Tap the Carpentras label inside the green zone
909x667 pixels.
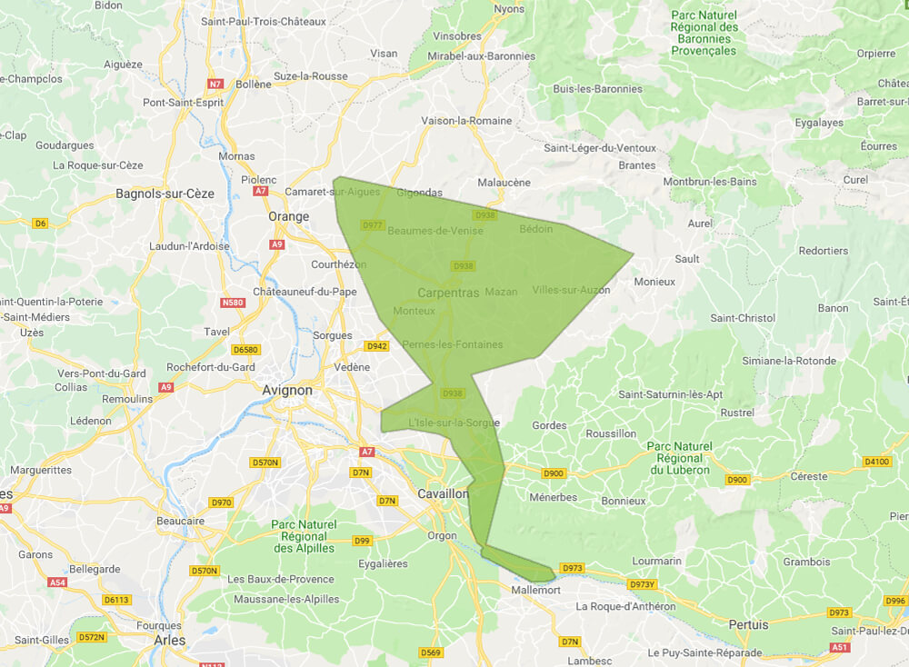point(448,293)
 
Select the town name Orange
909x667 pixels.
point(288,216)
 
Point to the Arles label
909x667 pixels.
point(169,640)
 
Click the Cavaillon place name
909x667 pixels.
point(443,493)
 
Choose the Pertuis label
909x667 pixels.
point(748,624)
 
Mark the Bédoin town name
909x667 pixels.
point(535,229)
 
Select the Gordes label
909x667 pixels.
point(549,425)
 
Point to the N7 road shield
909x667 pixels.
point(215,84)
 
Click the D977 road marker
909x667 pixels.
point(373,224)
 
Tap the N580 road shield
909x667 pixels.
point(235,303)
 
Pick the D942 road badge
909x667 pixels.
point(376,346)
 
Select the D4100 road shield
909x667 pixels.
point(877,462)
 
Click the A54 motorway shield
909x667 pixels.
point(58,582)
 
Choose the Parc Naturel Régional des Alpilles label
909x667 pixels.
point(304,536)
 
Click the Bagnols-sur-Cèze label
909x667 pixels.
point(165,194)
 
